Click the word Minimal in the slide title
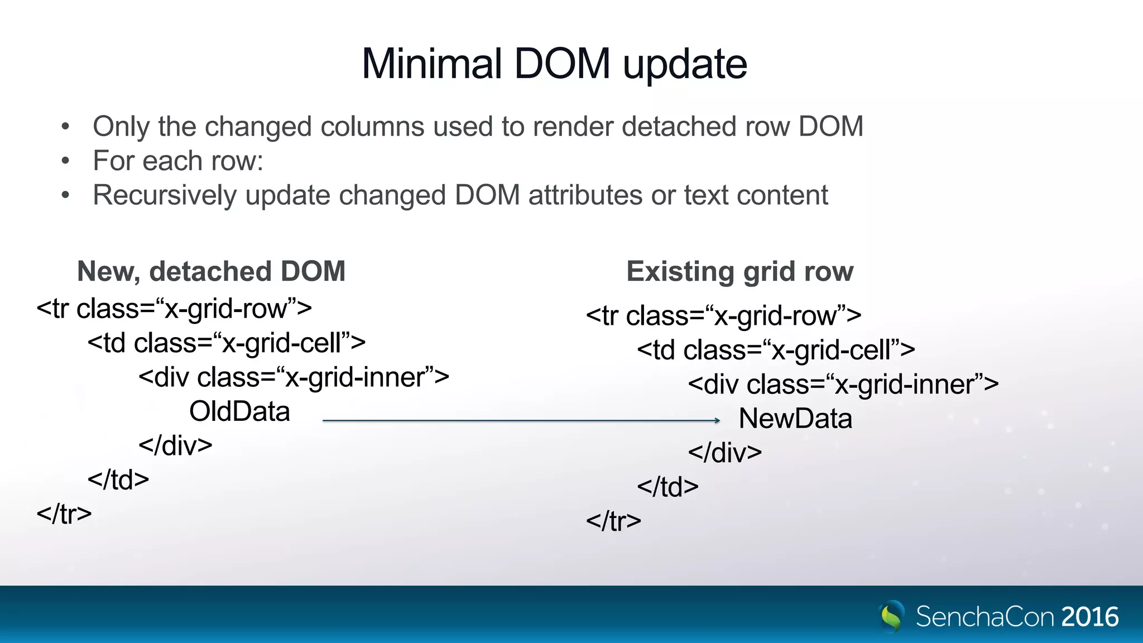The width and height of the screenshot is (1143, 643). tap(431, 64)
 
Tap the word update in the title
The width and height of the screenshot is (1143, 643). tap(685, 65)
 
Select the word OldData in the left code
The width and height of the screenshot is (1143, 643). tap(239, 412)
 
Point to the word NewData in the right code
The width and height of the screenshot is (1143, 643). tap(795, 419)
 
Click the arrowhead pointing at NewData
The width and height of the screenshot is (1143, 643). tap(717, 420)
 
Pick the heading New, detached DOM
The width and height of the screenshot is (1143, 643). tap(211, 271)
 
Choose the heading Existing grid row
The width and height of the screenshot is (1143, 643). tap(740, 272)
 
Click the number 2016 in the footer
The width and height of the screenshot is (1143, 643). tap(1090, 617)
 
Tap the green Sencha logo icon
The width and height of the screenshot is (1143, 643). tap(892, 616)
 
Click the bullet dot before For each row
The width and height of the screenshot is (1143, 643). tap(66, 161)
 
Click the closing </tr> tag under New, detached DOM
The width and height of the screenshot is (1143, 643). tap(64, 514)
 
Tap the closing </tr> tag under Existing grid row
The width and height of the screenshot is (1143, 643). tap(613, 521)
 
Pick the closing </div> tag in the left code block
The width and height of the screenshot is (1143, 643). tap(175, 446)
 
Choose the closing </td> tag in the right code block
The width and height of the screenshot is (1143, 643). tap(667, 487)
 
